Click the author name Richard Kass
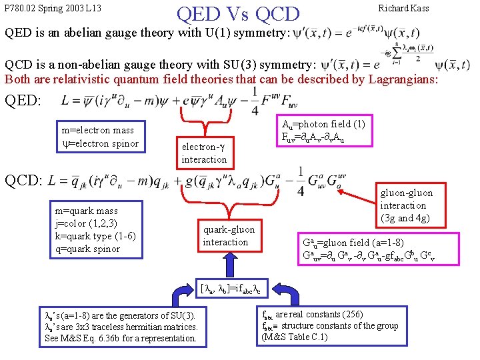click(403, 9)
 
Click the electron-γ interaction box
click(204, 153)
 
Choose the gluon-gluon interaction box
click(405, 205)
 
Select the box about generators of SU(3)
click(121, 327)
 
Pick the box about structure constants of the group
click(331, 325)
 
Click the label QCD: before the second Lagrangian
click(24, 180)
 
